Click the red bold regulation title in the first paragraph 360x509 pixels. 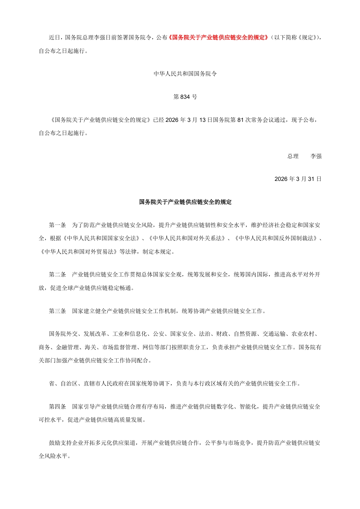pyautogui.click(x=219, y=38)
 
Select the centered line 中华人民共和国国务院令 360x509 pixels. pyautogui.click(x=185, y=74)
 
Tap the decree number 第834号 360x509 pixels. pyautogui.click(x=185, y=97)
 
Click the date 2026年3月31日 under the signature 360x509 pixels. pyautogui.click(x=298, y=179)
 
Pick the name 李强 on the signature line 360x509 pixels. pyautogui.click(x=316, y=156)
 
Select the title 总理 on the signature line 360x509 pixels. pyautogui.click(x=293, y=156)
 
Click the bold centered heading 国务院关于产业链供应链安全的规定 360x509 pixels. pyautogui.click(x=185, y=202)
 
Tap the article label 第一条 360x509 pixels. pyautogui.click(x=57, y=225)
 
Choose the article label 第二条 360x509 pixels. pyautogui.click(x=57, y=275)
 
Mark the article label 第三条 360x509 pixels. pyautogui.click(x=57, y=311)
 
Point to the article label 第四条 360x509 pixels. pyautogui.click(x=57, y=407)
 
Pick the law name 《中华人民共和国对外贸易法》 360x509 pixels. pyautogui.click(x=79, y=252)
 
